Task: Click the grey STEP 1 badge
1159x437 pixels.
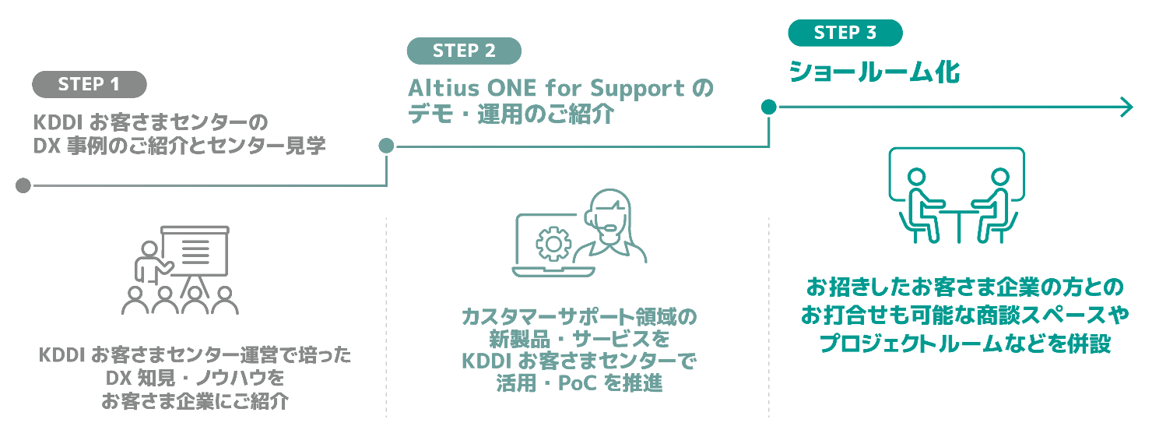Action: [89, 84]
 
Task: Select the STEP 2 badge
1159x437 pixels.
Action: [464, 51]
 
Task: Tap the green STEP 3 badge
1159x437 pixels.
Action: [845, 33]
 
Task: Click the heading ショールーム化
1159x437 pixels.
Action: [874, 72]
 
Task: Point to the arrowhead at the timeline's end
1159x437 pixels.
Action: [1126, 107]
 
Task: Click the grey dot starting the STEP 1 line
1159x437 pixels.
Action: [23, 186]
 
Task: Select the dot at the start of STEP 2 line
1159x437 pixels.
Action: [386, 146]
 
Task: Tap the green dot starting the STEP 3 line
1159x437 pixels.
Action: [768, 107]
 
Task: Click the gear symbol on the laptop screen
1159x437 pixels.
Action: [553, 244]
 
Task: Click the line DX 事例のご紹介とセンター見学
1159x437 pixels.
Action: [179, 146]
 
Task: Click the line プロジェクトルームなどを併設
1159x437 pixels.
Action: [965, 344]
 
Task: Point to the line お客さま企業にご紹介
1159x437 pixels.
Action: [195, 402]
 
